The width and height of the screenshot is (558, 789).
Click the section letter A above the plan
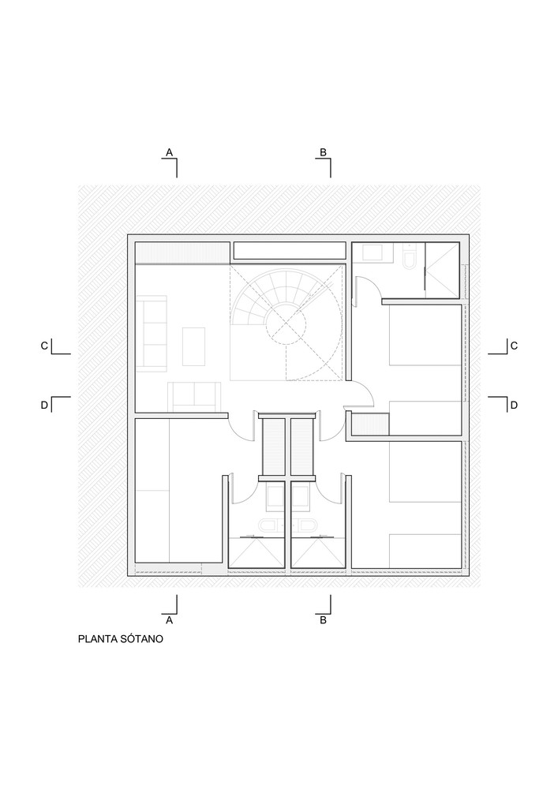(x=170, y=151)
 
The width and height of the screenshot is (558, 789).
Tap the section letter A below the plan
(x=170, y=620)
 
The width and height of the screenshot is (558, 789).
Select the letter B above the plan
(x=324, y=151)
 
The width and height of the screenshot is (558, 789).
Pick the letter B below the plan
(x=324, y=620)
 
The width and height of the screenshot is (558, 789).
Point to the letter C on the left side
(x=44, y=346)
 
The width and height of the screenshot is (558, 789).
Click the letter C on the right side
(x=514, y=346)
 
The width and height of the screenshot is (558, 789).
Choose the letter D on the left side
(x=44, y=405)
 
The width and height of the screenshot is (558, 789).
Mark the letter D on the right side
(x=514, y=405)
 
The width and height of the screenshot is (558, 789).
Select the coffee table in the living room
(x=193, y=346)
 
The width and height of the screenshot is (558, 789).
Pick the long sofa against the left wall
(x=152, y=334)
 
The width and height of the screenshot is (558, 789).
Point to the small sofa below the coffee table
(x=194, y=396)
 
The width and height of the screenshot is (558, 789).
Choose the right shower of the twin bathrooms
(x=317, y=553)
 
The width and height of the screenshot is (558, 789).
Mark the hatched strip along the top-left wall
(x=182, y=252)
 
